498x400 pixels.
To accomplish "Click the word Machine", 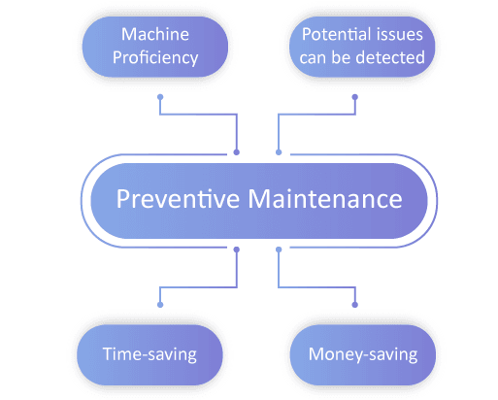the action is pos(155,34).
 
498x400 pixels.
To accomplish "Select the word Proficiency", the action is pos(155,58).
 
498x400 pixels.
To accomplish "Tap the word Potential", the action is pos(335,34).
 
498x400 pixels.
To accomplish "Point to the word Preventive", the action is pos(178,198).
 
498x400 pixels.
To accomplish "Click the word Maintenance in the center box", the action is pos(325,198).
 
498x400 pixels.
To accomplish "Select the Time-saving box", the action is pos(149,354).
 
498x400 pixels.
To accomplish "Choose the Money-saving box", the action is pos(362,354).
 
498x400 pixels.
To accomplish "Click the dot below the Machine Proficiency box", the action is pos(160,97).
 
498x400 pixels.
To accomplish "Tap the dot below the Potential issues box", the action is pos(355,97).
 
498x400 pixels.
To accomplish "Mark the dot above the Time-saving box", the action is pos(160,305).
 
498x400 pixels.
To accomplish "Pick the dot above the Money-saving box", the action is pos(355,305).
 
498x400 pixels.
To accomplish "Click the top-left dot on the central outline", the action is pos(237,152).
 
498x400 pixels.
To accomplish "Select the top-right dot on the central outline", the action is pos(279,152).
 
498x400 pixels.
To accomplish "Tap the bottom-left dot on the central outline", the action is pos(237,250).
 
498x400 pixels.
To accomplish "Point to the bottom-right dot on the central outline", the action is pos(279,250).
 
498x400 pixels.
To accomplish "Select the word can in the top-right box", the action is pos(313,58).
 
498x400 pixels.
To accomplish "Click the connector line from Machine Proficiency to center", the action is pos(198,114).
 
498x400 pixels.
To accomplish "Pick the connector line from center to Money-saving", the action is pos(317,287).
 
